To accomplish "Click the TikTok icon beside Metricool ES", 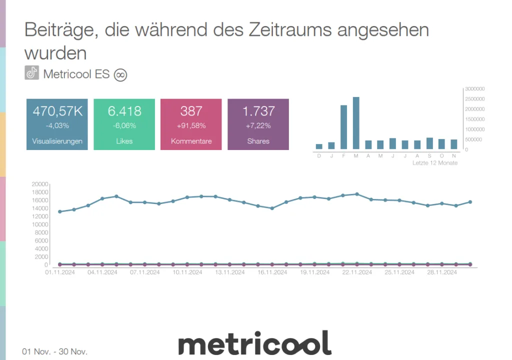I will [x=32, y=73].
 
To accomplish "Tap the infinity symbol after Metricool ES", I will [x=120, y=74].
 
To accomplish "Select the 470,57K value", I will [x=57, y=111].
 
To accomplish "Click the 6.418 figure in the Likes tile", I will [x=124, y=111].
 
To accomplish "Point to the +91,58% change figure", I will [x=191, y=125].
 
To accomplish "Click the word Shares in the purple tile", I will [x=258, y=141].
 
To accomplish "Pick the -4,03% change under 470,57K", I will [x=57, y=125].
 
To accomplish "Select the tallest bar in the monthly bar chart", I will [x=356, y=123].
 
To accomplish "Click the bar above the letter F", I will [x=343, y=127].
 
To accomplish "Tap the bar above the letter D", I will [x=319, y=146].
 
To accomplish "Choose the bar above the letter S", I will [x=429, y=143].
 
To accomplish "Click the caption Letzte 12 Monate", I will [x=434, y=163].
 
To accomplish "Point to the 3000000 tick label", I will [x=474, y=88].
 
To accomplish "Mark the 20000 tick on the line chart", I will [x=39, y=184].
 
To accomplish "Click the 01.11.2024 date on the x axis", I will [x=60, y=272].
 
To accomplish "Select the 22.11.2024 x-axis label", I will [x=357, y=272].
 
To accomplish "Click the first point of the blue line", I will [x=60, y=211].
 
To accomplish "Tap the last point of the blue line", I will [x=470, y=202].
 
